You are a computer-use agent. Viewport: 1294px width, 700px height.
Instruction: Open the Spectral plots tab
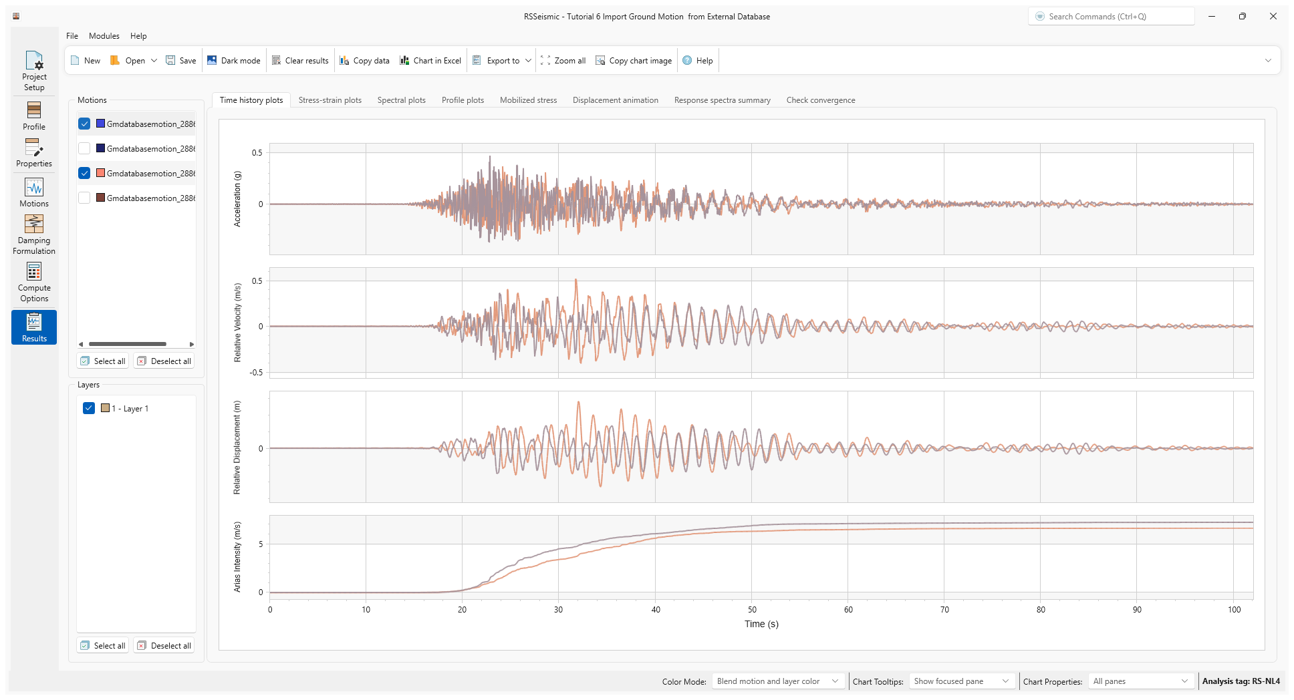click(x=401, y=100)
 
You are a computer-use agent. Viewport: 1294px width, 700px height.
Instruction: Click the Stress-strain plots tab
click(x=330, y=100)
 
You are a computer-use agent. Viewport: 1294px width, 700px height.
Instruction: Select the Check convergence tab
click(x=820, y=100)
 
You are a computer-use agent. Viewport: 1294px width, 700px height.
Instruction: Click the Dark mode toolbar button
click(x=234, y=61)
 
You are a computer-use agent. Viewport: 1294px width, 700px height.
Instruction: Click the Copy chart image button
click(x=634, y=61)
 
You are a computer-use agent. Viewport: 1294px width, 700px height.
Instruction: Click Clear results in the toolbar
click(x=300, y=61)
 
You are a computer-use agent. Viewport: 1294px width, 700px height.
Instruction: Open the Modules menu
click(x=104, y=36)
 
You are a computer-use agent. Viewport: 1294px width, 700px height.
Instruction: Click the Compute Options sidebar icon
click(x=34, y=281)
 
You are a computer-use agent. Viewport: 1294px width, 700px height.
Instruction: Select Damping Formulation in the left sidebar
click(x=34, y=234)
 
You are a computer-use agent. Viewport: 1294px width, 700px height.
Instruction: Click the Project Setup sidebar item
click(x=34, y=71)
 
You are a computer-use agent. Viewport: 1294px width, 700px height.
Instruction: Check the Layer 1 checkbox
click(x=89, y=408)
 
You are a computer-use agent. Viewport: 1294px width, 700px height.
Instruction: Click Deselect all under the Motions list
click(x=164, y=361)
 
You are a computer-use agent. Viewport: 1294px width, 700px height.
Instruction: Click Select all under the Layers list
click(x=103, y=646)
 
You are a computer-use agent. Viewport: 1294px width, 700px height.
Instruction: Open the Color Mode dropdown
click(x=777, y=681)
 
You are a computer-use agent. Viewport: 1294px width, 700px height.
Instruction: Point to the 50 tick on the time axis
click(x=752, y=610)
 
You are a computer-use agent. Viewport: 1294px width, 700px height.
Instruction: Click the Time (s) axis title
click(x=761, y=624)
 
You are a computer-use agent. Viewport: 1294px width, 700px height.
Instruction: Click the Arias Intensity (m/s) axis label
click(x=237, y=556)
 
